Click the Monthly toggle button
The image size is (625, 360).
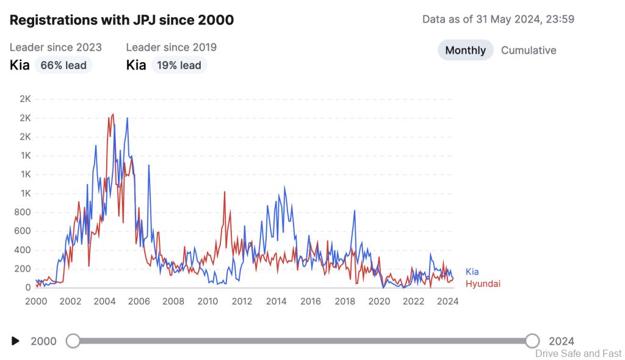[465, 51]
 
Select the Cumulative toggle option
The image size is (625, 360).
[529, 51]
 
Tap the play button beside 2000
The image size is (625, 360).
[16, 341]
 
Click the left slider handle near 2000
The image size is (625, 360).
[73, 341]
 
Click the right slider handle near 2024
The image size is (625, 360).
[532, 341]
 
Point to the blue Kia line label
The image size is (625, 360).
[472, 272]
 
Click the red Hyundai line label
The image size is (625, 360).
[483, 284]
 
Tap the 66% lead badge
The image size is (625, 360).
[63, 65]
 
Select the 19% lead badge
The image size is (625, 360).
[179, 65]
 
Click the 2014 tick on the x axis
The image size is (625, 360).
[276, 301]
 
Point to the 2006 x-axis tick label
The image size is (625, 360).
[139, 301]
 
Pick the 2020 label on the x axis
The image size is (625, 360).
[379, 301]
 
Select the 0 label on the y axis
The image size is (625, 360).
[28, 287]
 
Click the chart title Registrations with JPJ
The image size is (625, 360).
[121, 20]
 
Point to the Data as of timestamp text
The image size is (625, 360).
[498, 19]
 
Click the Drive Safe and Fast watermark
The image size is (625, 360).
[578, 353]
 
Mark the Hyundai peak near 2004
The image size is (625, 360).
[113, 114]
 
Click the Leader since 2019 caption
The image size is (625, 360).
[171, 47]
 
